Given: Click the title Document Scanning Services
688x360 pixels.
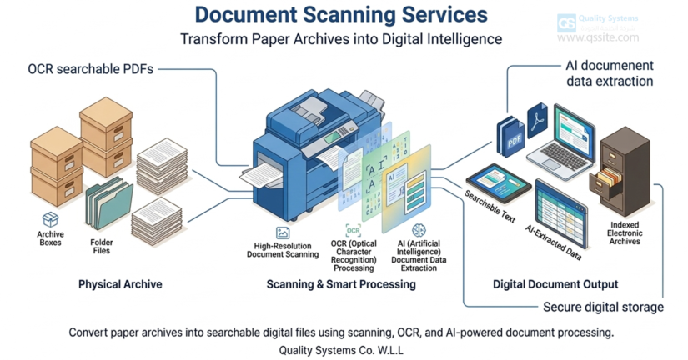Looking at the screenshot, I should (341, 15).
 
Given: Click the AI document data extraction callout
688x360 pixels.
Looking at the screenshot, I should (610, 73).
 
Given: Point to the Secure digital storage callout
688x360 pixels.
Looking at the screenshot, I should (603, 307).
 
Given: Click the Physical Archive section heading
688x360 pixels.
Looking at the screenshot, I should (120, 284).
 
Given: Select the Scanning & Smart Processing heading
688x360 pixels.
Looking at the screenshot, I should (340, 284).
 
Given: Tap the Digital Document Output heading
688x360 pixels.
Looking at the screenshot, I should (555, 284).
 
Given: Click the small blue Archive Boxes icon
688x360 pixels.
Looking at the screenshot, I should (51, 219).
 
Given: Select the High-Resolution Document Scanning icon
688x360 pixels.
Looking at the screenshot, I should (283, 233).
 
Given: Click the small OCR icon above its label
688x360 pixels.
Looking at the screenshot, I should (353, 230).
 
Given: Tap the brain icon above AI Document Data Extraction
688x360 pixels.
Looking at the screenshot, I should (419, 229).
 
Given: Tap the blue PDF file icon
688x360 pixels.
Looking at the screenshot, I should (510, 137).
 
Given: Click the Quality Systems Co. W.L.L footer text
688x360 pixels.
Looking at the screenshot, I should (341, 350).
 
